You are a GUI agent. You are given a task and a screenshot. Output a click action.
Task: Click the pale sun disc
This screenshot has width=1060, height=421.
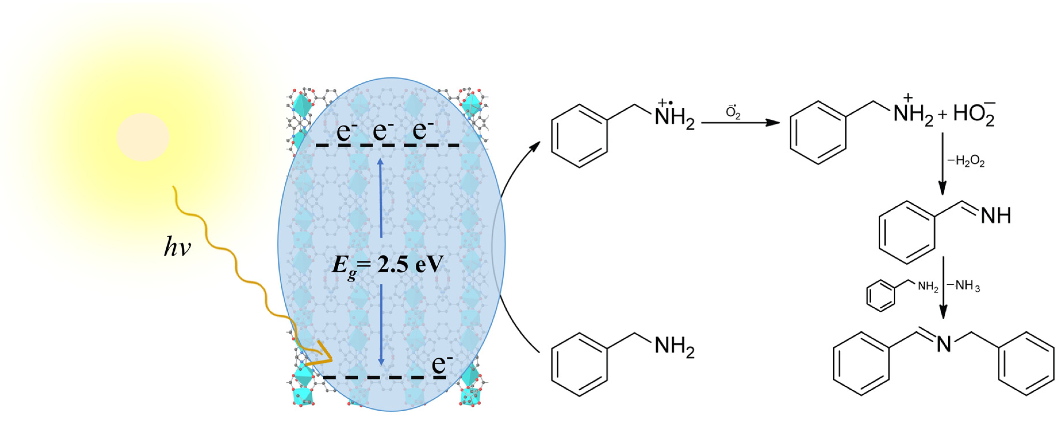pyautogui.click(x=143, y=137)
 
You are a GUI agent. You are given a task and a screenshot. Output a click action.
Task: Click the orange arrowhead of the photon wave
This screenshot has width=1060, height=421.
pyautogui.click(x=323, y=356)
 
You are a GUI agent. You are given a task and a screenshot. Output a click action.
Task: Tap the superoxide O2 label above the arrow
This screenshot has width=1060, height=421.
pyautogui.click(x=733, y=112)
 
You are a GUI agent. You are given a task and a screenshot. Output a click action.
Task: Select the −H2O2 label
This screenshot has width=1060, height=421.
pyautogui.click(x=966, y=161)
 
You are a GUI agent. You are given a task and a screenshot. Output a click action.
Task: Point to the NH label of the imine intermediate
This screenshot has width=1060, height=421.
pyautogui.click(x=996, y=215)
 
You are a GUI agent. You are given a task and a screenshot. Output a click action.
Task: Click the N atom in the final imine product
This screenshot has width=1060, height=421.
pyautogui.click(x=944, y=344)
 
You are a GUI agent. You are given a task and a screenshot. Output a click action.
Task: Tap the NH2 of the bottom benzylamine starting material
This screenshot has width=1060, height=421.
pyautogui.click(x=674, y=347)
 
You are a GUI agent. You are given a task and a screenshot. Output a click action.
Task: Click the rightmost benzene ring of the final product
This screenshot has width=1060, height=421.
pyautogui.click(x=1026, y=364)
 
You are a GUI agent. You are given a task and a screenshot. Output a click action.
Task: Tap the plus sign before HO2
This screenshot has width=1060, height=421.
pyautogui.click(x=942, y=115)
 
